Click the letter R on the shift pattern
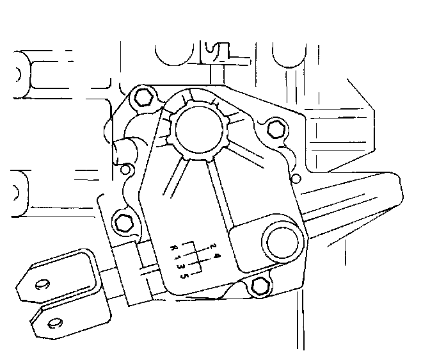173,247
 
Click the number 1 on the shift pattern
179,257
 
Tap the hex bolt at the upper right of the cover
275,128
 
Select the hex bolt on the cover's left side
123,224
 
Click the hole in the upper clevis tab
42,284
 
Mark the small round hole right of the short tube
127,170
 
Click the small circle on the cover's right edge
295,177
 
